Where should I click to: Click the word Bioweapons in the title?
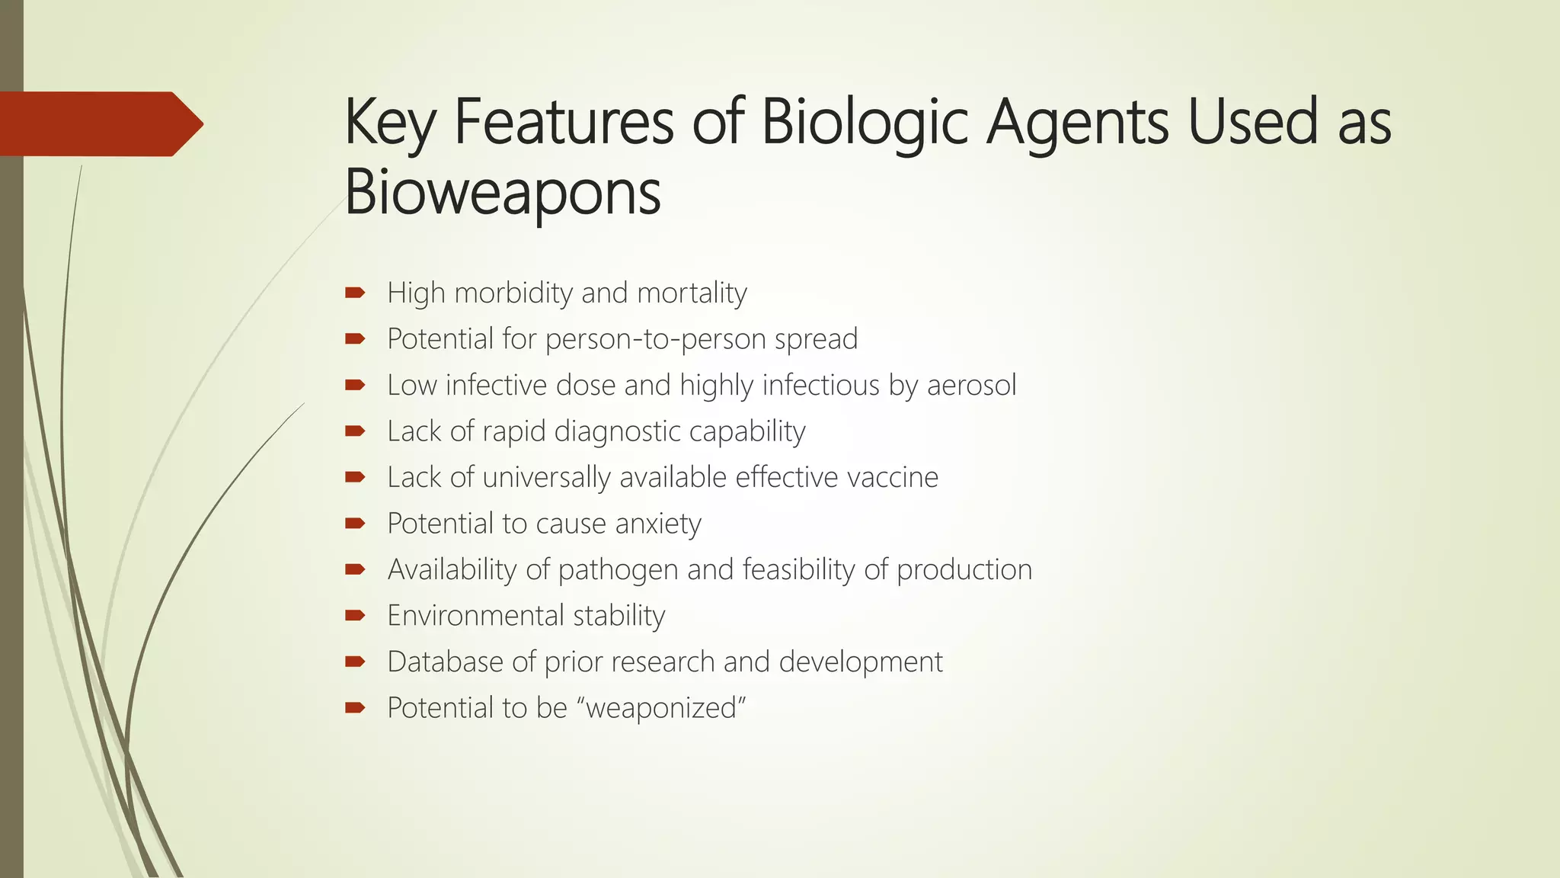click(x=503, y=192)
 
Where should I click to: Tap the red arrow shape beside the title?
click(x=99, y=124)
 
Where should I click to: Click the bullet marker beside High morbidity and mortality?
click(x=355, y=293)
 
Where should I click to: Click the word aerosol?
click(x=971, y=385)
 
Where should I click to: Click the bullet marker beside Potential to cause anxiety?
click(x=355, y=524)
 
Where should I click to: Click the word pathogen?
click(x=618, y=570)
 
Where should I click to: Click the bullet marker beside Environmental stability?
click(x=355, y=616)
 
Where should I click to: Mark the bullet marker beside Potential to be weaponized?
click(x=355, y=708)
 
